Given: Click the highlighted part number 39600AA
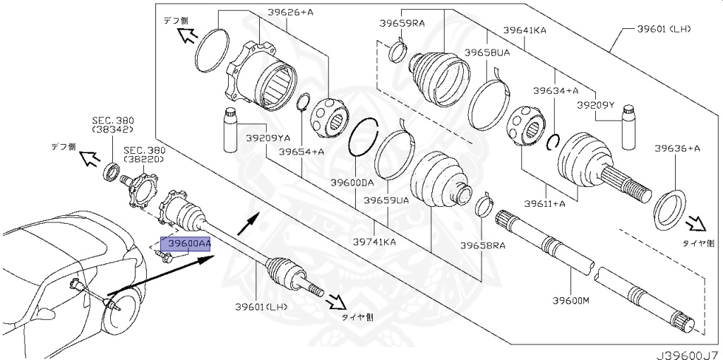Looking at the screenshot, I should click(185, 243).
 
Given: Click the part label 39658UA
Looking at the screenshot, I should click(487, 53).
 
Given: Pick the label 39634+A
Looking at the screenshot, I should click(555, 90).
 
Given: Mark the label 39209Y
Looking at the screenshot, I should click(596, 104).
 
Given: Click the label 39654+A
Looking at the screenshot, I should click(301, 152).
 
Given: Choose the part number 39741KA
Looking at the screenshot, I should click(374, 241).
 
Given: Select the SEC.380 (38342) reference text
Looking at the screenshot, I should click(112, 125).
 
